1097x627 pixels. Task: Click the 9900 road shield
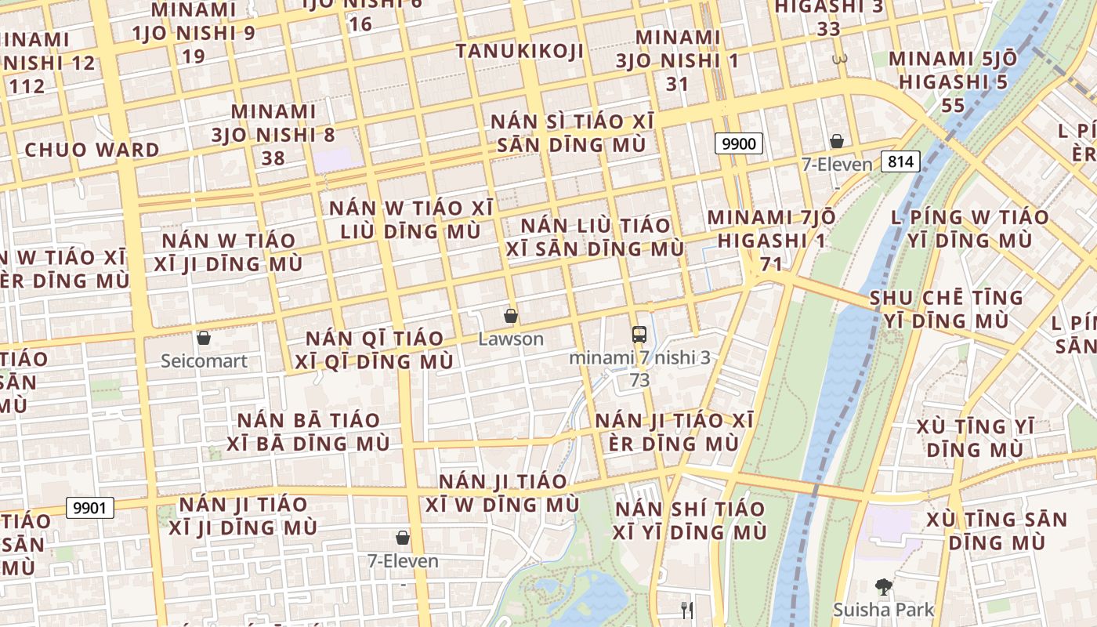pyautogui.click(x=738, y=143)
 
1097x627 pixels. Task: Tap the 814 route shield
pyautogui.click(x=900, y=161)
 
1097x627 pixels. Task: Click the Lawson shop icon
pyautogui.click(x=511, y=316)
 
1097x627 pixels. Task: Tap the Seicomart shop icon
pyautogui.click(x=204, y=338)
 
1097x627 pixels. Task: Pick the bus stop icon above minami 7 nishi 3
pyautogui.click(x=639, y=334)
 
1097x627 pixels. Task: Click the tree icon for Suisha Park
pyautogui.click(x=883, y=586)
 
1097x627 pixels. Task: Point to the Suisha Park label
pyautogui.click(x=883, y=610)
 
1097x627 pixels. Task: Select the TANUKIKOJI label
pyautogui.click(x=520, y=51)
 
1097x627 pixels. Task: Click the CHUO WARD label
pyautogui.click(x=92, y=150)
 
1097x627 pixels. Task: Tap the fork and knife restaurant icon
pyautogui.click(x=687, y=610)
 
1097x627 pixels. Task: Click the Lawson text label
pyautogui.click(x=511, y=339)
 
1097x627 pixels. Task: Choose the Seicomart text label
pyautogui.click(x=204, y=361)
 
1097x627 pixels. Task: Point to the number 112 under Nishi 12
pyautogui.click(x=28, y=86)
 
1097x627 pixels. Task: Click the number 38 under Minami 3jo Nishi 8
pyautogui.click(x=273, y=158)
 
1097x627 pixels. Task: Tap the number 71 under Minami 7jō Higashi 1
pyautogui.click(x=771, y=264)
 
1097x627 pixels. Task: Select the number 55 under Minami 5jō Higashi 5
pyautogui.click(x=953, y=105)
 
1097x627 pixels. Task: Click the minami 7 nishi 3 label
pyautogui.click(x=639, y=357)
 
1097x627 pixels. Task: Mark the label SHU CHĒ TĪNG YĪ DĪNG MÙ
pyautogui.click(x=947, y=309)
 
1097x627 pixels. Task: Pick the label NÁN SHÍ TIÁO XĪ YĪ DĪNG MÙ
pyautogui.click(x=690, y=520)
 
